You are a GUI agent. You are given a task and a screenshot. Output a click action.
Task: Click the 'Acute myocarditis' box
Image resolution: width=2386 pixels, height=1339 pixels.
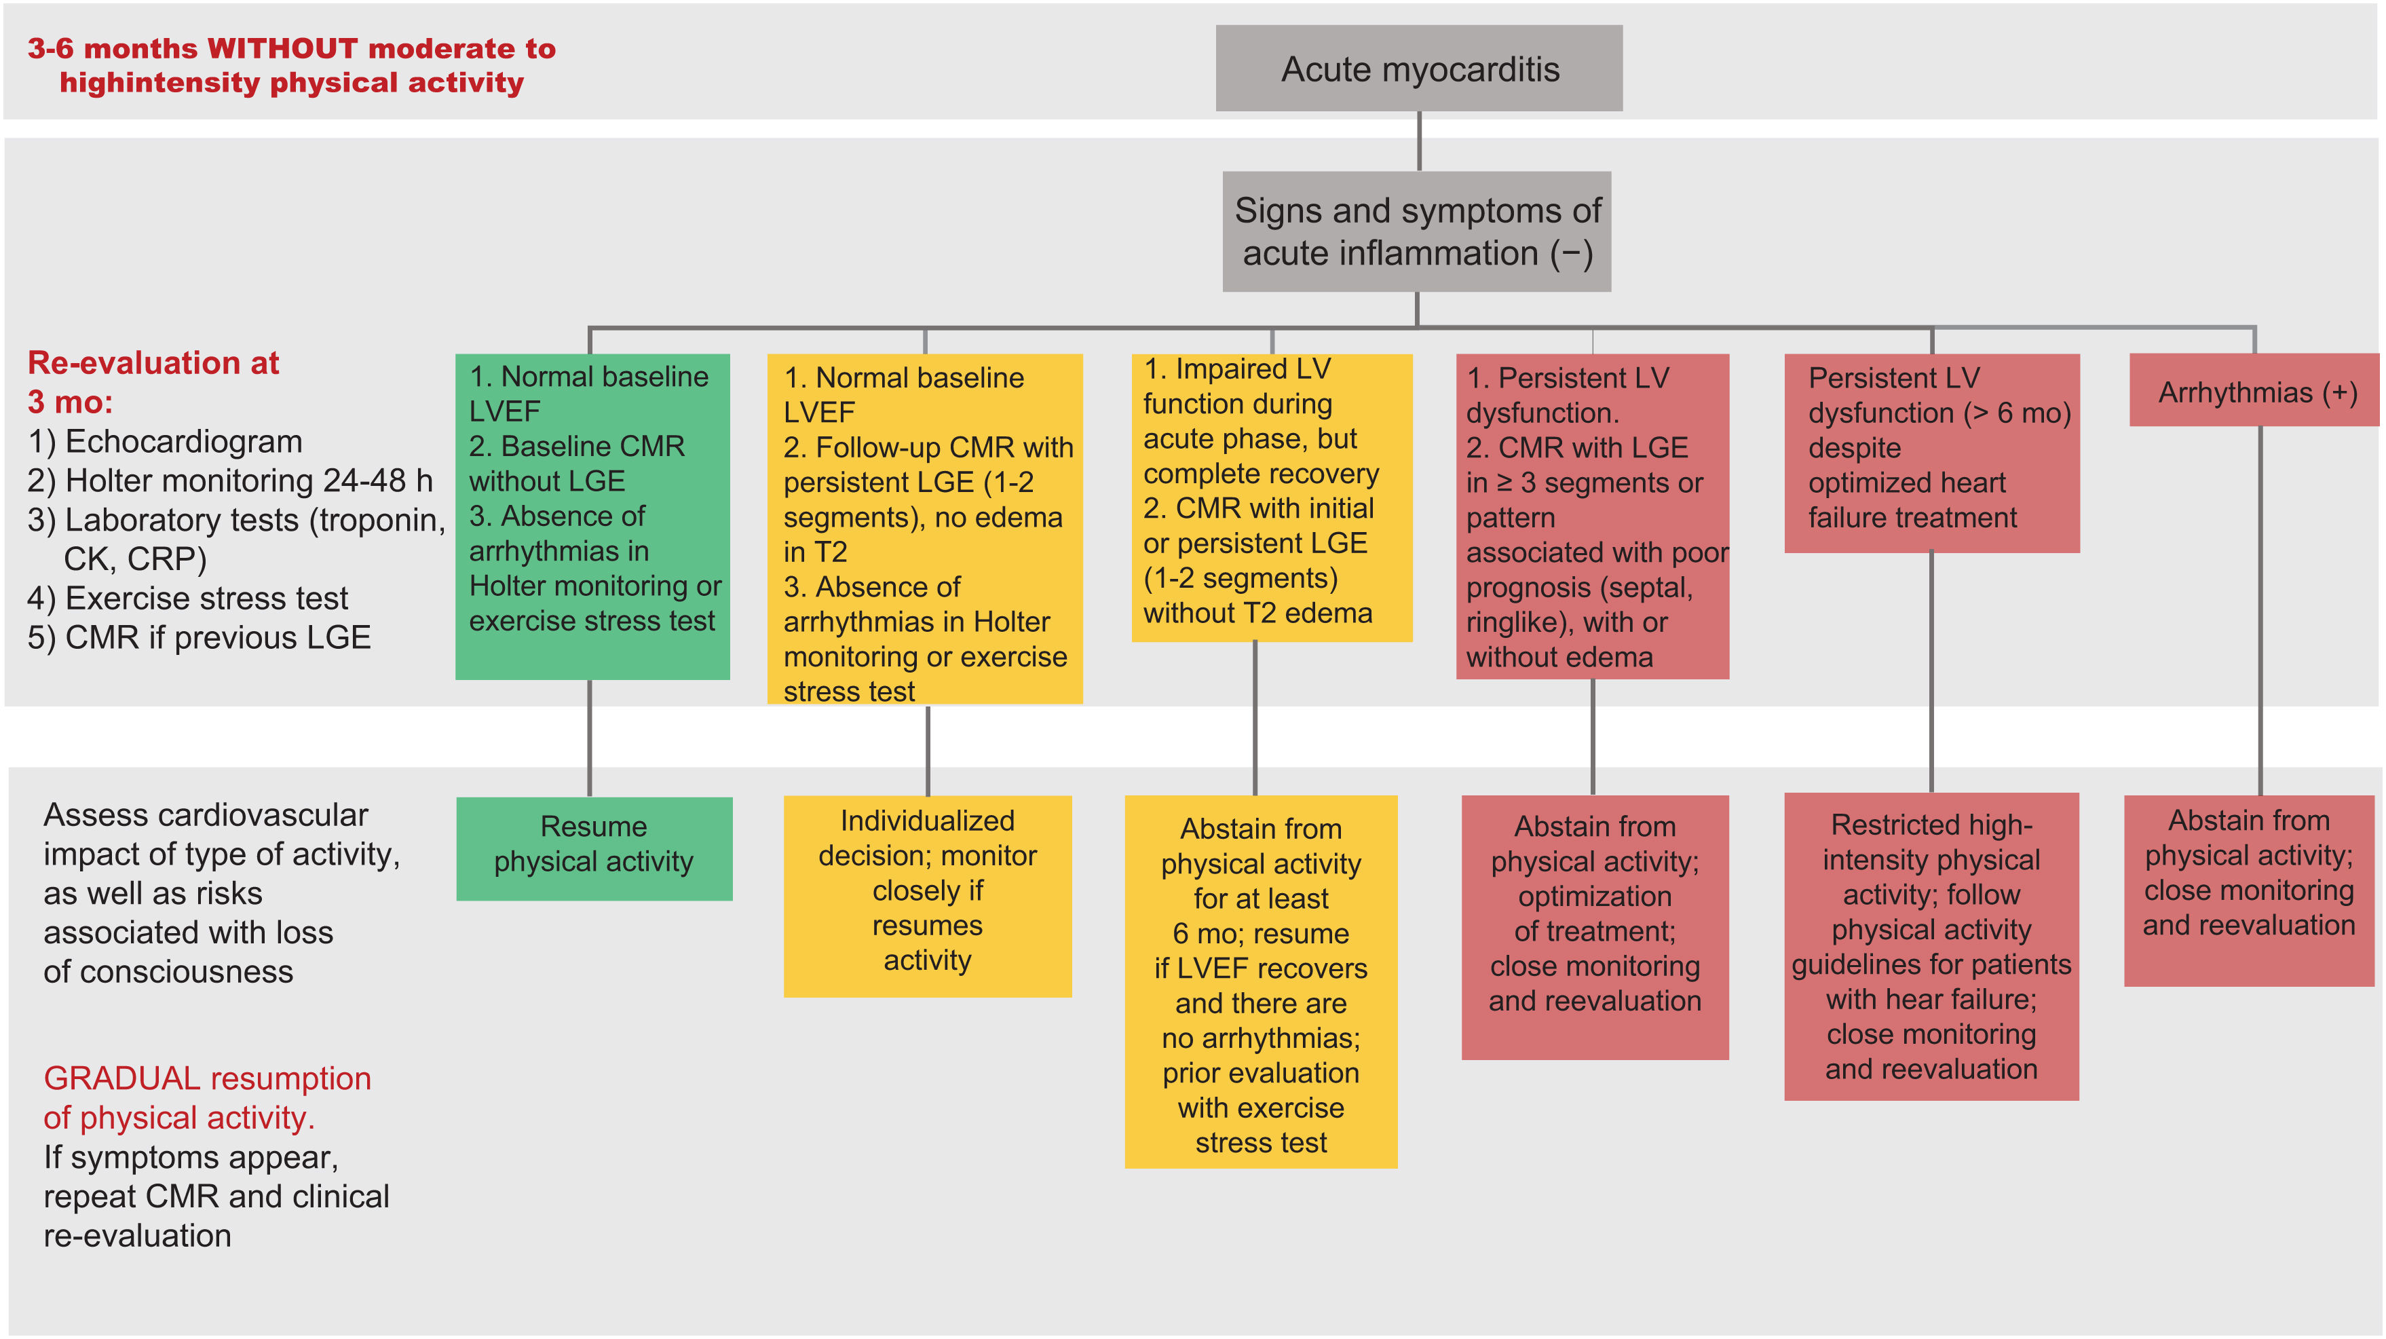[x=1418, y=69]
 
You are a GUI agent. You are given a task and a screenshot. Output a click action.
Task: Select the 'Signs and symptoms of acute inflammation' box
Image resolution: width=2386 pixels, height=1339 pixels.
[x=1416, y=231]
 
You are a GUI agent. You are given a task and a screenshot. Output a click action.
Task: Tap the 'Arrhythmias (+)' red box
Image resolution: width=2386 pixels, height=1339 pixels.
[x=2256, y=392]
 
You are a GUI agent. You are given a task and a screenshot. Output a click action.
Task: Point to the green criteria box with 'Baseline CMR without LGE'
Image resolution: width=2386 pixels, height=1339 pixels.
[x=593, y=515]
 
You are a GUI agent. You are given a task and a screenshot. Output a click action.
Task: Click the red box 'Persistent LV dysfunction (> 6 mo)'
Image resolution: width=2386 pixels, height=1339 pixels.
[x=1931, y=452]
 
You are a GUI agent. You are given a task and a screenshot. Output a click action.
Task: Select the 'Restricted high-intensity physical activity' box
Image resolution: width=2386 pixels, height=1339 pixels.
[x=1931, y=945]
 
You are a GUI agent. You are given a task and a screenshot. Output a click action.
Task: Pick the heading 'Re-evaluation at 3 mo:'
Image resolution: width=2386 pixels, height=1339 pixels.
[x=153, y=381]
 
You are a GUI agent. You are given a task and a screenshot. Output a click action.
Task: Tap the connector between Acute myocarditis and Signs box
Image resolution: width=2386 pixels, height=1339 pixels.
[x=1419, y=140]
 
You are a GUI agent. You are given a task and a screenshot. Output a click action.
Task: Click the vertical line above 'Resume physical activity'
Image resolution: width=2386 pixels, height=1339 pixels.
[x=590, y=737]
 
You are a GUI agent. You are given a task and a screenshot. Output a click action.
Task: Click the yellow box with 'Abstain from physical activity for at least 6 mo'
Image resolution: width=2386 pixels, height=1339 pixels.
[x=1261, y=981]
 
